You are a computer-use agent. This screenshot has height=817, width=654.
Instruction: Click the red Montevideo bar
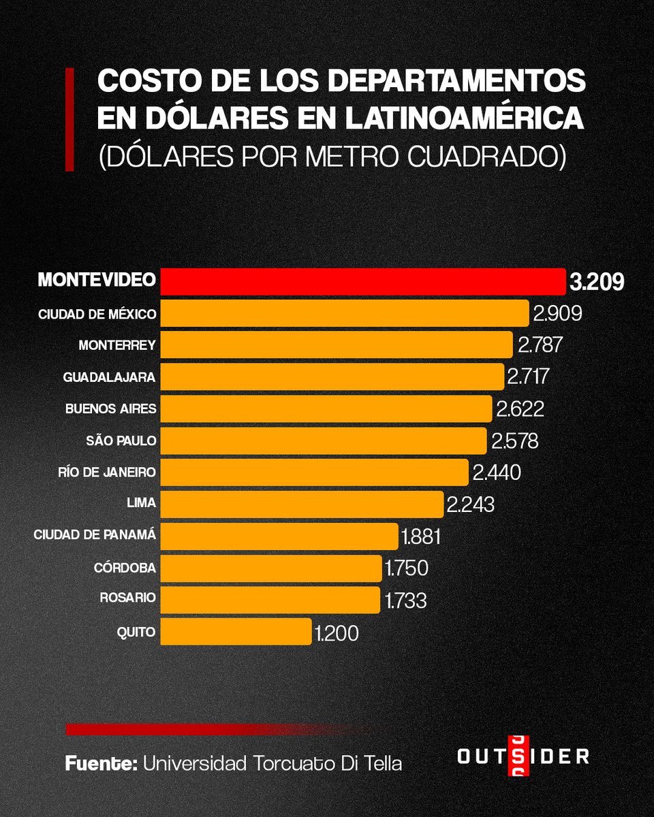[362, 281]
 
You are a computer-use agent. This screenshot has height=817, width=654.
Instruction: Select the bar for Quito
[236, 632]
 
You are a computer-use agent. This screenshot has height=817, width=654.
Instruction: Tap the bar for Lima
[302, 504]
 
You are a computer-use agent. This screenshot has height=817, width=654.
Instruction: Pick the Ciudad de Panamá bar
[279, 536]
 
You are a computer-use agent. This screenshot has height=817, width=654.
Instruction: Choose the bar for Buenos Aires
[326, 408]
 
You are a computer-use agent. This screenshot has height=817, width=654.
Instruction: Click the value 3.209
[596, 282]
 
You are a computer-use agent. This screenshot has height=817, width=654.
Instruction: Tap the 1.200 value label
[337, 633]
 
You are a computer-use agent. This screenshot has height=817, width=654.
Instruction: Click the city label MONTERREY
[117, 345]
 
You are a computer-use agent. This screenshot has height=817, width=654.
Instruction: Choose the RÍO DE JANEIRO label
[108, 472]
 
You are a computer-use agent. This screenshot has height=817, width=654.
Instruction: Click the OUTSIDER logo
[523, 756]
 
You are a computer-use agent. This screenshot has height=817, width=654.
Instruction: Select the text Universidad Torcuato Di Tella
[272, 763]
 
